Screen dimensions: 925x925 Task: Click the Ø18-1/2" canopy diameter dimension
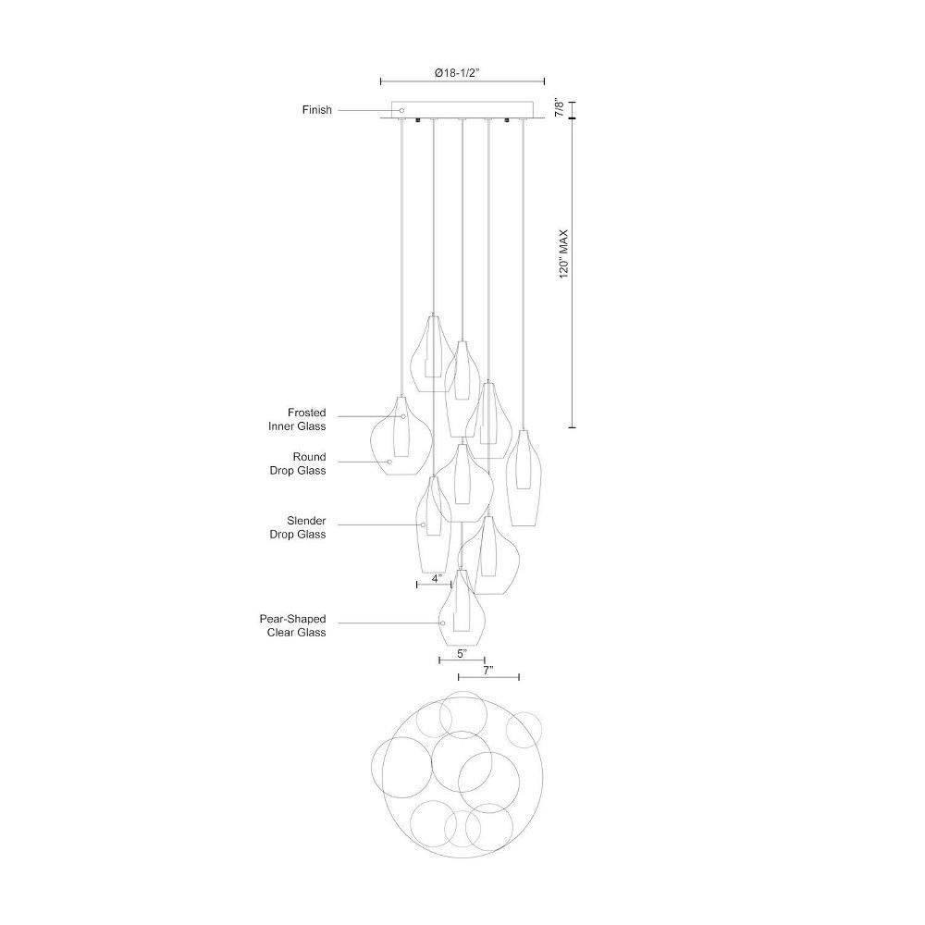pos(459,73)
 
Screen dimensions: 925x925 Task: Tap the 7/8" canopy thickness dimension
pos(561,108)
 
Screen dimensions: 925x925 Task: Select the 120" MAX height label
pos(564,253)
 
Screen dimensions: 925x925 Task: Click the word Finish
pos(316,110)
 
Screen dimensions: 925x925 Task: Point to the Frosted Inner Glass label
pos(297,419)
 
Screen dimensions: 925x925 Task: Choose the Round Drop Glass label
pos(298,463)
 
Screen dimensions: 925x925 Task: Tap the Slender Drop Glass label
pos(298,527)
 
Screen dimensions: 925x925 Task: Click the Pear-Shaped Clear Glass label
pos(292,625)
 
